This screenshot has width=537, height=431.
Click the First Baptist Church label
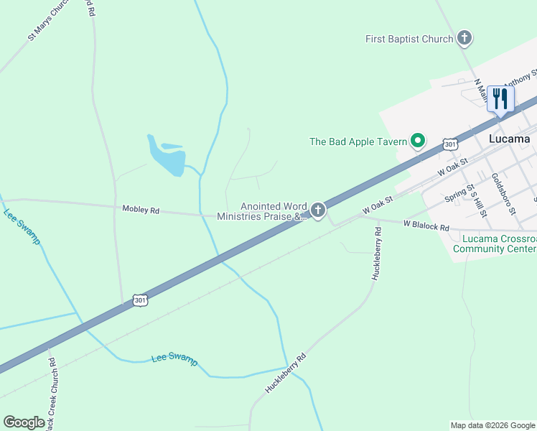click(x=409, y=39)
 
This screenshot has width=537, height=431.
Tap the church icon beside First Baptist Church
click(x=464, y=38)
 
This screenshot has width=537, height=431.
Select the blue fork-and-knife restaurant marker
click(x=500, y=98)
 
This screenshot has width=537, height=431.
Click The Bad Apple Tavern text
click(x=358, y=142)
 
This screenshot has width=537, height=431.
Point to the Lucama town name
click(x=509, y=139)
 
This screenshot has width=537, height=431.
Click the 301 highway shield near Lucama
click(x=450, y=144)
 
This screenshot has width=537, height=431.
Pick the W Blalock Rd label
click(x=426, y=225)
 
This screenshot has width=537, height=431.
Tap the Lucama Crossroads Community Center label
click(x=495, y=244)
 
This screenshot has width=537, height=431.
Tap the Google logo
click(x=24, y=422)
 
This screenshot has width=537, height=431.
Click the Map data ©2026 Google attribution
click(x=492, y=425)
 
